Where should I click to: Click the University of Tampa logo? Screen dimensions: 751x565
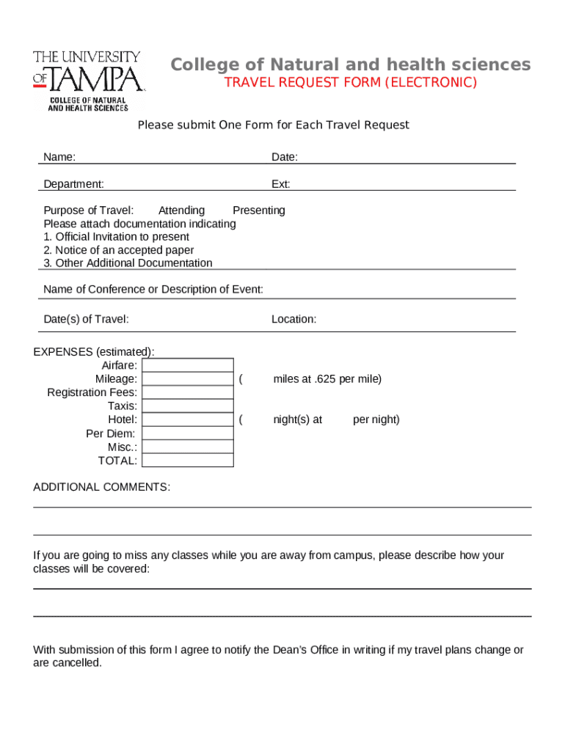click(x=87, y=80)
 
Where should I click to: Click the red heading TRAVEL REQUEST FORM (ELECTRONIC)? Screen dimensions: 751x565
click(x=350, y=82)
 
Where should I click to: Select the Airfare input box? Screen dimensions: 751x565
click(x=187, y=365)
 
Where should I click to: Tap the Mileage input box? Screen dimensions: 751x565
click(x=187, y=379)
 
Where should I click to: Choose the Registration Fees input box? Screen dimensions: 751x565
click(x=187, y=392)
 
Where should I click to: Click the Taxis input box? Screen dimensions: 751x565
click(x=187, y=406)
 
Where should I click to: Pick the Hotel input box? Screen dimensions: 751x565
click(x=187, y=420)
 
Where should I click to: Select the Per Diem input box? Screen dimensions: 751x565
click(x=187, y=433)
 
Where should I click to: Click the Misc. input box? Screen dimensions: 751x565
click(x=187, y=447)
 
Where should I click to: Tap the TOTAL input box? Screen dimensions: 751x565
click(x=187, y=461)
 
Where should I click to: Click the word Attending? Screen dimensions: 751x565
click(x=181, y=210)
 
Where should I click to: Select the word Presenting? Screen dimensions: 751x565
click(x=258, y=210)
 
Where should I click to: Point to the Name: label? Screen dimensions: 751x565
click(x=59, y=157)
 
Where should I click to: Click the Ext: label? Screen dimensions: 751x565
click(x=280, y=184)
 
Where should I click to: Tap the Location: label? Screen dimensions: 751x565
click(x=294, y=319)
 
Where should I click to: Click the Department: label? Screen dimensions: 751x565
click(x=73, y=184)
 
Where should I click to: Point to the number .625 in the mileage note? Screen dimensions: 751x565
click(x=324, y=379)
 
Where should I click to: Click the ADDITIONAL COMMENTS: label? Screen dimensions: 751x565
click(x=101, y=487)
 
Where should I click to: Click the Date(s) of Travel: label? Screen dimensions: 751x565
click(x=86, y=319)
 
